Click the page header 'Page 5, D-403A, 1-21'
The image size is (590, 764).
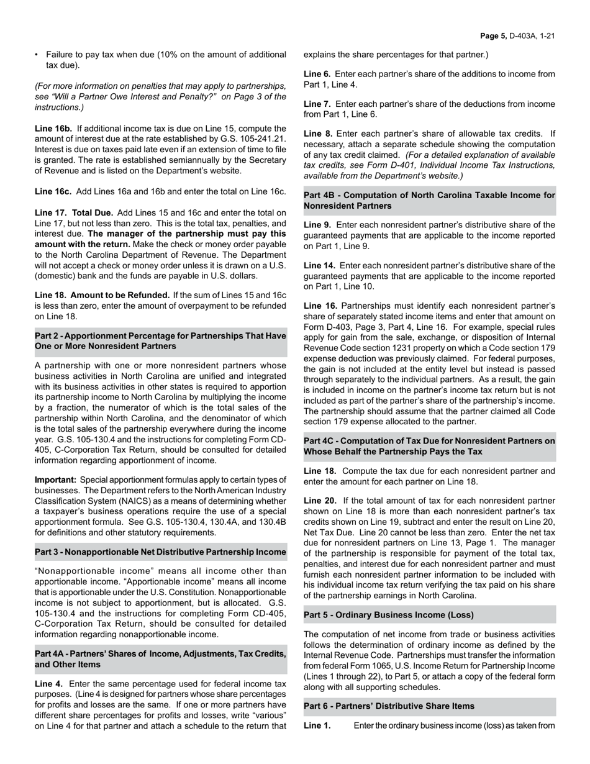point(517,36)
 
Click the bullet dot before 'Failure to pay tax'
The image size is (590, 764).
point(37,55)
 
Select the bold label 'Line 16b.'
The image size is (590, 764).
point(53,129)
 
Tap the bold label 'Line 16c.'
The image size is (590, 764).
point(53,192)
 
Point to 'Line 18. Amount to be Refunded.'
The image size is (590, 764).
point(102,295)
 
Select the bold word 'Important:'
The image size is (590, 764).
point(55,480)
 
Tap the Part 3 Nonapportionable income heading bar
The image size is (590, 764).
point(160,552)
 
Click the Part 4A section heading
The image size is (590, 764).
point(160,659)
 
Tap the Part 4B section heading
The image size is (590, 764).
point(429,200)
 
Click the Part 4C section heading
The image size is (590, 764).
point(429,446)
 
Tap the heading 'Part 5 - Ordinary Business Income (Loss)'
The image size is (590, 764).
point(389,614)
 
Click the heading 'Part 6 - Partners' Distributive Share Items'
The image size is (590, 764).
point(389,706)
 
